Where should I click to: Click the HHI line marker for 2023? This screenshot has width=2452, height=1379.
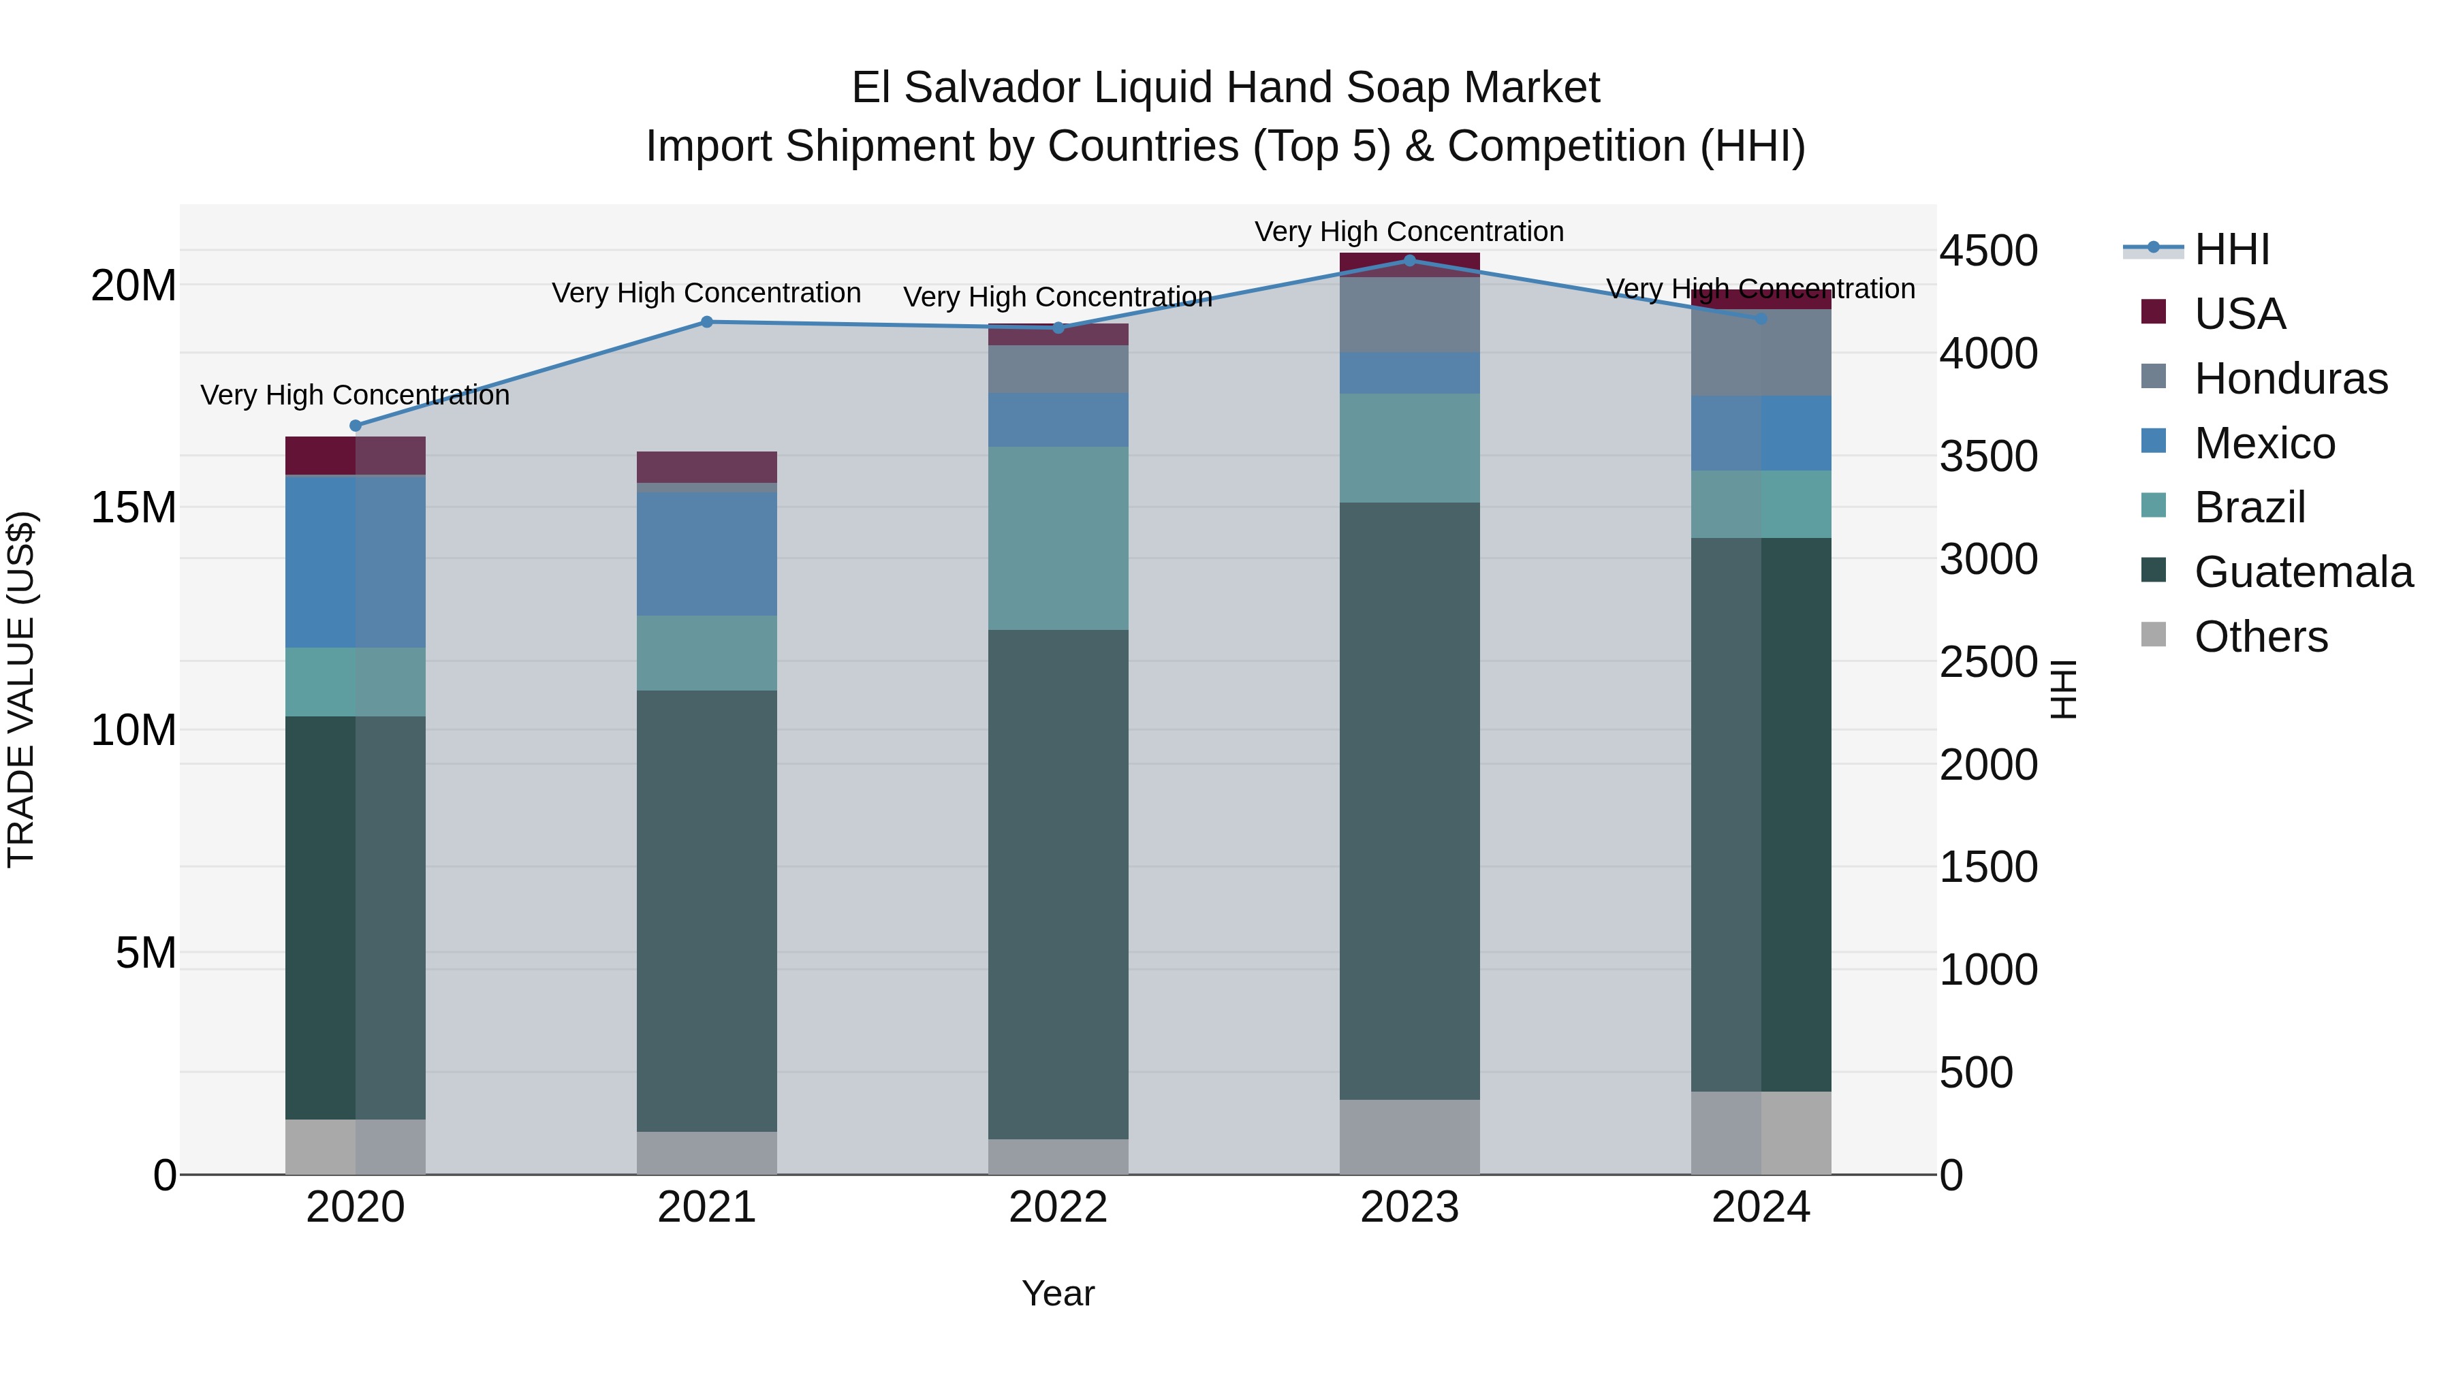pos(1410,260)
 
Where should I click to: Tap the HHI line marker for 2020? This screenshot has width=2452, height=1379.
pos(356,426)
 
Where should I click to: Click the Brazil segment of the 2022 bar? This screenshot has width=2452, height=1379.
pos(1058,538)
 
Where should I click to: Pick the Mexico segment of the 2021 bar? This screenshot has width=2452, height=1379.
pos(706,553)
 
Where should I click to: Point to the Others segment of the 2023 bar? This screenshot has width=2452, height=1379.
pos(1410,1137)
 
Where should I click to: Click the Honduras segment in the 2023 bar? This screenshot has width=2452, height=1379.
pos(1410,315)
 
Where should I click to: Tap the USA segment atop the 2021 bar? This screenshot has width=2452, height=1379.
pos(706,466)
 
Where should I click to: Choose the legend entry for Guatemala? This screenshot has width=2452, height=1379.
pos(2303,572)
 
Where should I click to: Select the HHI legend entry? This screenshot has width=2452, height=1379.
pos(2231,249)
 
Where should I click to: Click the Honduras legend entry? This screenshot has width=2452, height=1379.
pos(2290,379)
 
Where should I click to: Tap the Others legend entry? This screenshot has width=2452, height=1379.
pos(2260,637)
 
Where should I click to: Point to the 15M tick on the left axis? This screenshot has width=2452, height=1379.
pos(133,507)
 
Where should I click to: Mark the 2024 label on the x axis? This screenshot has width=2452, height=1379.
pos(1761,1207)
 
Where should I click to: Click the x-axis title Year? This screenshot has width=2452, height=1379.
pos(1058,1293)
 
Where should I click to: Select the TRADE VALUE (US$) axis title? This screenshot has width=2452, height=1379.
pos(21,689)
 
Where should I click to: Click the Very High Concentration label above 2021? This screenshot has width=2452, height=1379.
pos(706,292)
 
